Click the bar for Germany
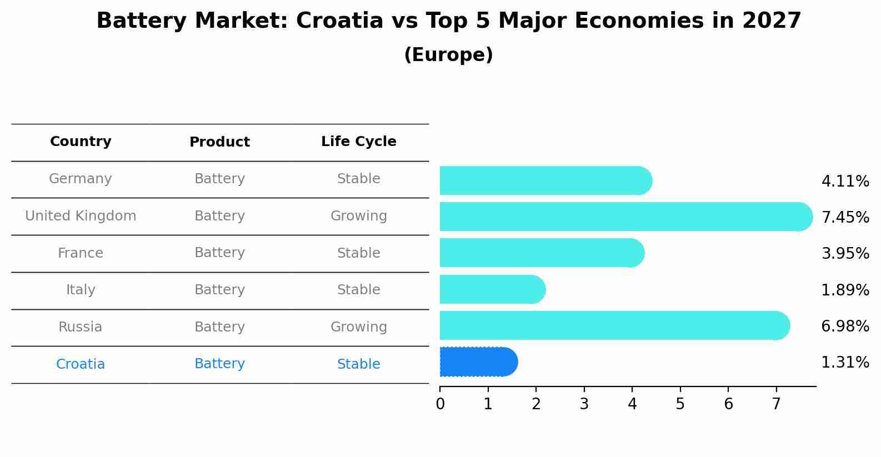[544, 180]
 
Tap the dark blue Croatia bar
[478, 362]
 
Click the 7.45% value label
[845, 217]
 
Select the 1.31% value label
[845, 363]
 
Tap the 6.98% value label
[845, 326]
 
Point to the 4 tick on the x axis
[632, 404]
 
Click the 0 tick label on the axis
[440, 404]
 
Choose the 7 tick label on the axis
[776, 404]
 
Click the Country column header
[81, 142]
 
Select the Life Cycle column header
[358, 142]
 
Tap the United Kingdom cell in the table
[81, 216]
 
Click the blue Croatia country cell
[81, 364]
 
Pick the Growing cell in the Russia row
[358, 327]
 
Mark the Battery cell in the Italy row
[219, 290]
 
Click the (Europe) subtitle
[448, 55]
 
